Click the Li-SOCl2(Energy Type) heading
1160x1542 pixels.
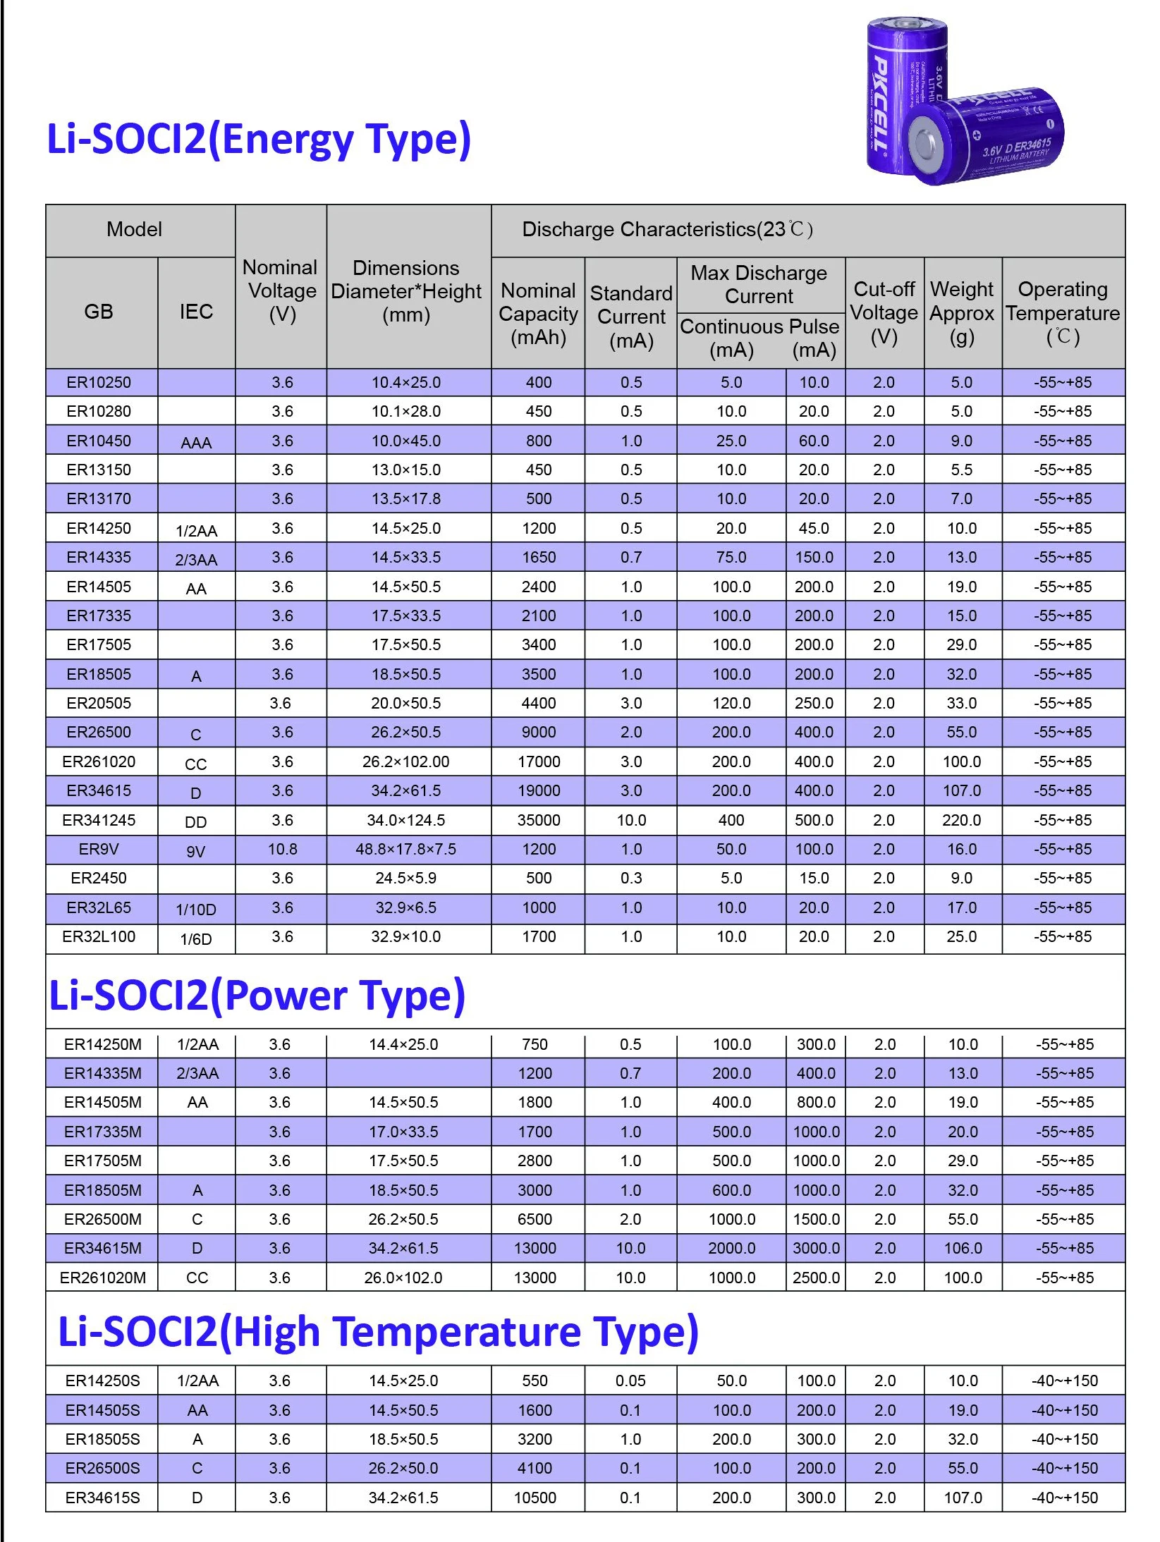258,139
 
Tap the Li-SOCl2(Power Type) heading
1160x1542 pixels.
257,995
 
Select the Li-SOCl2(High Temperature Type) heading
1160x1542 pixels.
378,1331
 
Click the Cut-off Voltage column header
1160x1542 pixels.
884,312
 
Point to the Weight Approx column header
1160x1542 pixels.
962,312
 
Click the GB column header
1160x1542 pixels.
99,312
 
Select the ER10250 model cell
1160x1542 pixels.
99,382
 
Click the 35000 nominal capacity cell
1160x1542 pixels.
538,820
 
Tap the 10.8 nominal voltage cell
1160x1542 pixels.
282,849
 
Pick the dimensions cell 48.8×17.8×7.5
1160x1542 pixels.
405,849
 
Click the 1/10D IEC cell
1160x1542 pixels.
196,909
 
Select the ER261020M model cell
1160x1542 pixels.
103,1278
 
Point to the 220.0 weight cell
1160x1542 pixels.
961,820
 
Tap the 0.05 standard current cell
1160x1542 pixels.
630,1381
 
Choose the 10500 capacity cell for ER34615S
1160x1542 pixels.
535,1498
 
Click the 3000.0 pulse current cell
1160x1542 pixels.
816,1248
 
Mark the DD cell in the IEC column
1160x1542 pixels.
196,821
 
